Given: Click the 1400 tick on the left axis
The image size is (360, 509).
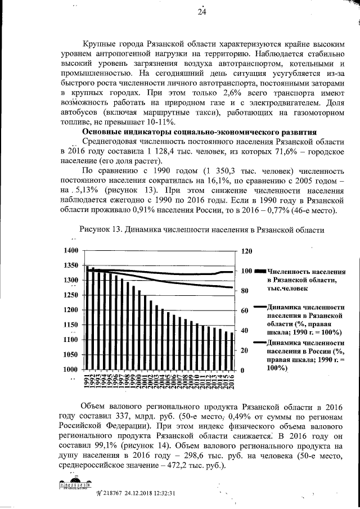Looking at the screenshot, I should (71, 250).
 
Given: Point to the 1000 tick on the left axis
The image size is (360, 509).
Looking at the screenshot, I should (71, 370).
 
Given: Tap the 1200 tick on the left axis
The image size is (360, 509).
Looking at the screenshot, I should (71, 310).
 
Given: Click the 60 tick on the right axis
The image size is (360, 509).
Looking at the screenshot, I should (244, 310).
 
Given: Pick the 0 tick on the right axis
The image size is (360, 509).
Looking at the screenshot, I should (242, 370).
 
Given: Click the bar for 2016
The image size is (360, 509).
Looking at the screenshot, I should (232, 351).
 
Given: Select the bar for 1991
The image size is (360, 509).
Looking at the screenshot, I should (87, 318).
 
